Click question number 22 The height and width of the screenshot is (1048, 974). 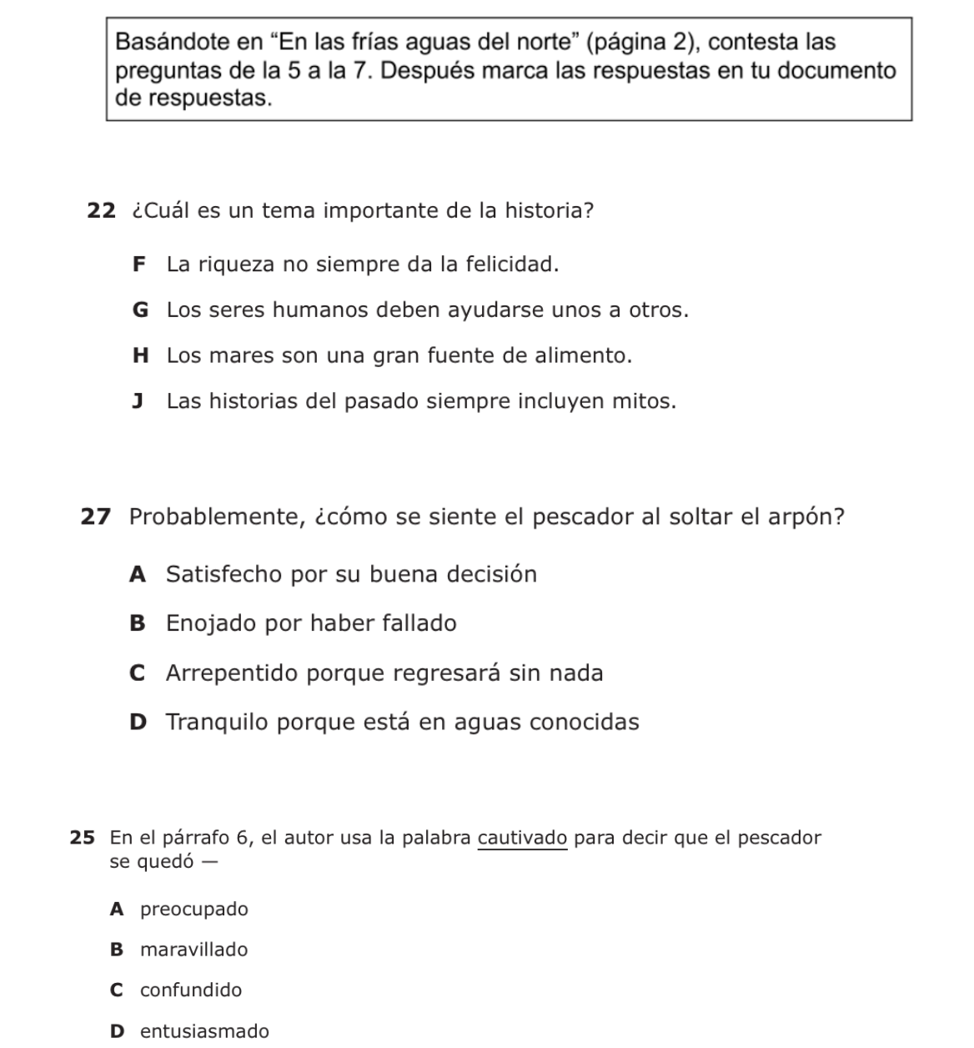click(101, 210)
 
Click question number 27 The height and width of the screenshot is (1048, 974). click(95, 517)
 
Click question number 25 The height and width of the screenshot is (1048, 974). click(82, 838)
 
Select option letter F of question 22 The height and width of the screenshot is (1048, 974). click(138, 265)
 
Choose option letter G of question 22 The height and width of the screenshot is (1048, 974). click(140, 310)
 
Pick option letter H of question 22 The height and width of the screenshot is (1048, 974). click(140, 356)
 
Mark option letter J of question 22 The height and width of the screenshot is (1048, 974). click(138, 401)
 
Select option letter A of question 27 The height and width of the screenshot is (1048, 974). click(138, 575)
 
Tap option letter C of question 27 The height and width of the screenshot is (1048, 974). click(138, 673)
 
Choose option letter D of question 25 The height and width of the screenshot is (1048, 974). click(118, 1031)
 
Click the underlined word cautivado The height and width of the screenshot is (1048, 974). click(523, 838)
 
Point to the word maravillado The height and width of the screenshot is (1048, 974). click(194, 950)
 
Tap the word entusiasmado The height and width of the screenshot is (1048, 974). click(205, 1031)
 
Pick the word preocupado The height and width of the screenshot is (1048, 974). click(194, 909)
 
